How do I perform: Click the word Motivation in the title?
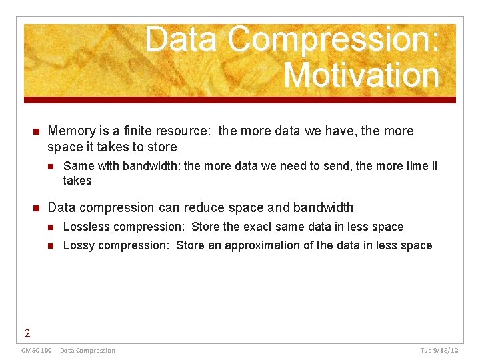coord(361,75)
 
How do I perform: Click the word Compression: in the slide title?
coord(333,40)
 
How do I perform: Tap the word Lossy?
coord(79,245)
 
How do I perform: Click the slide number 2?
coord(27,333)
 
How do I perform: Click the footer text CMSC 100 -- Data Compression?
coord(68,351)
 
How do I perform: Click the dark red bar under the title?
coord(240,100)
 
